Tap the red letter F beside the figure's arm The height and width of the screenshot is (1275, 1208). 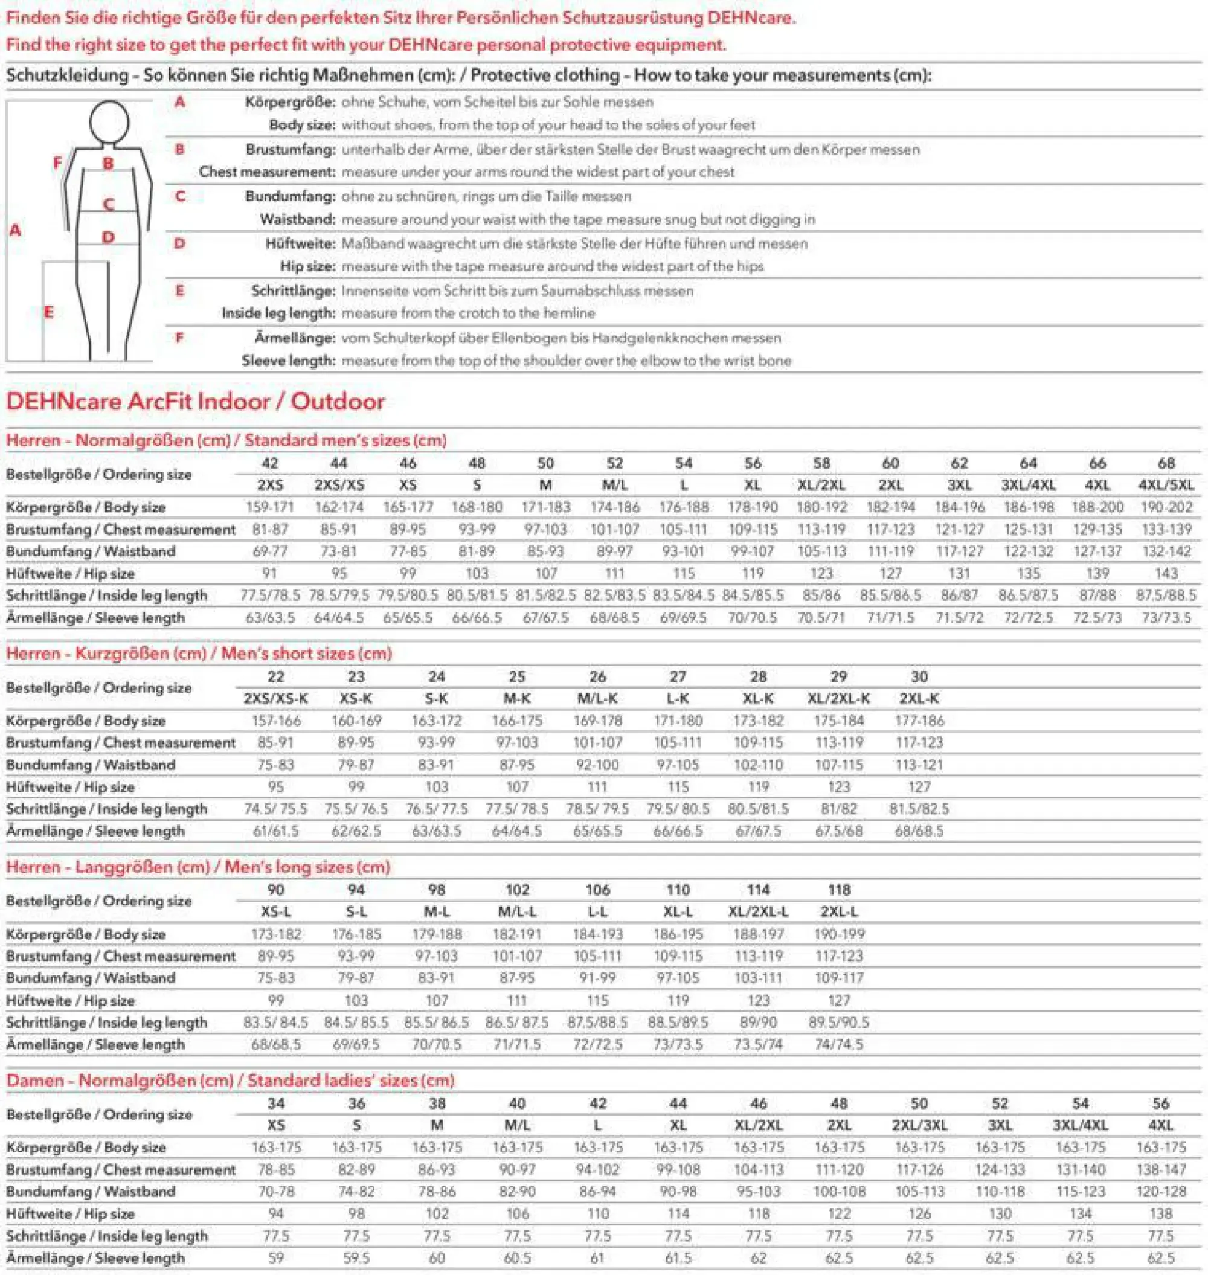(58, 162)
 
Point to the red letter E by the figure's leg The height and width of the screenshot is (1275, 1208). (48, 312)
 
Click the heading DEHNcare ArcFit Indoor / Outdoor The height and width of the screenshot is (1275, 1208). (195, 401)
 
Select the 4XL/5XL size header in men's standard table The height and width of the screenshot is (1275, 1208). (1166, 485)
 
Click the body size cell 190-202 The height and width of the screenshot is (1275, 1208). (1166, 507)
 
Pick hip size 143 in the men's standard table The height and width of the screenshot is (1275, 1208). (1166, 573)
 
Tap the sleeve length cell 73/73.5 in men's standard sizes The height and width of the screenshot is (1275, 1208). (1166, 617)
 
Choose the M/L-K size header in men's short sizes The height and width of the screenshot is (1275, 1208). (597, 699)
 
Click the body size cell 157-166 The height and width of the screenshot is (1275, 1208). (275, 721)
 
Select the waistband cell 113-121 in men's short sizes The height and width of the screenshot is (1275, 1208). (919, 765)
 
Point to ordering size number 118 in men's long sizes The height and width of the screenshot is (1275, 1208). (838, 890)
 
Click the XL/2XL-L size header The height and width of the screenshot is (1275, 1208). (758, 912)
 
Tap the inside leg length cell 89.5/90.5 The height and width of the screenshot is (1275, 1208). (838, 1023)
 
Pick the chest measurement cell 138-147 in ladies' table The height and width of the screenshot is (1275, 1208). (1160, 1169)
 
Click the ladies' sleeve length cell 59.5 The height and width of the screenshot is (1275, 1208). (356, 1257)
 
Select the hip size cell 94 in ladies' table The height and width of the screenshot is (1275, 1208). (275, 1214)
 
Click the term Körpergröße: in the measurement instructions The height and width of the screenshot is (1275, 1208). (290, 101)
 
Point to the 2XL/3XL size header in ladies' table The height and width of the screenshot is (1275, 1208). (919, 1125)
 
